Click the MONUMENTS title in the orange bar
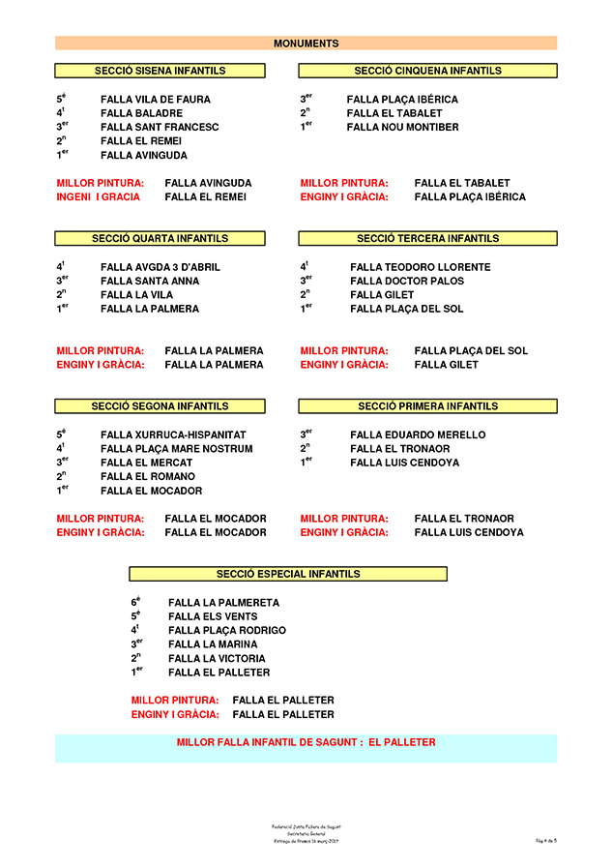pos(306,44)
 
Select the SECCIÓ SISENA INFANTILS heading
pos(161,71)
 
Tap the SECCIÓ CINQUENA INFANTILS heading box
pos(427,71)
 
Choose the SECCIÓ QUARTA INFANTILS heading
pos(161,238)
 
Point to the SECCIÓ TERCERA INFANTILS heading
pos(427,238)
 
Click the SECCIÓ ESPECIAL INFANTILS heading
pos(288,574)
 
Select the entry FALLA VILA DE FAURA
pos(155,100)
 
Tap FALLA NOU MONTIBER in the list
pos(402,128)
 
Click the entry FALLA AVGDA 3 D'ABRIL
pos(161,267)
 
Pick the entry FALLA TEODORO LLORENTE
pos(421,267)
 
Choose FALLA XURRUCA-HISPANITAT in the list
pos(173,435)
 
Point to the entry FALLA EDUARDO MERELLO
pos(418,435)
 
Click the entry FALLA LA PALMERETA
pos(223,603)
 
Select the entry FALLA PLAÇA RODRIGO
pos(227,631)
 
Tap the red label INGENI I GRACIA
pos(99,197)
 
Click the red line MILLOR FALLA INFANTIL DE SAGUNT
pos(306,743)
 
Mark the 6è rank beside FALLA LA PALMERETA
pos(136,602)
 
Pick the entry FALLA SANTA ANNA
pos(150,282)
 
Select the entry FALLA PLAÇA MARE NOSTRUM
pos(176,449)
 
